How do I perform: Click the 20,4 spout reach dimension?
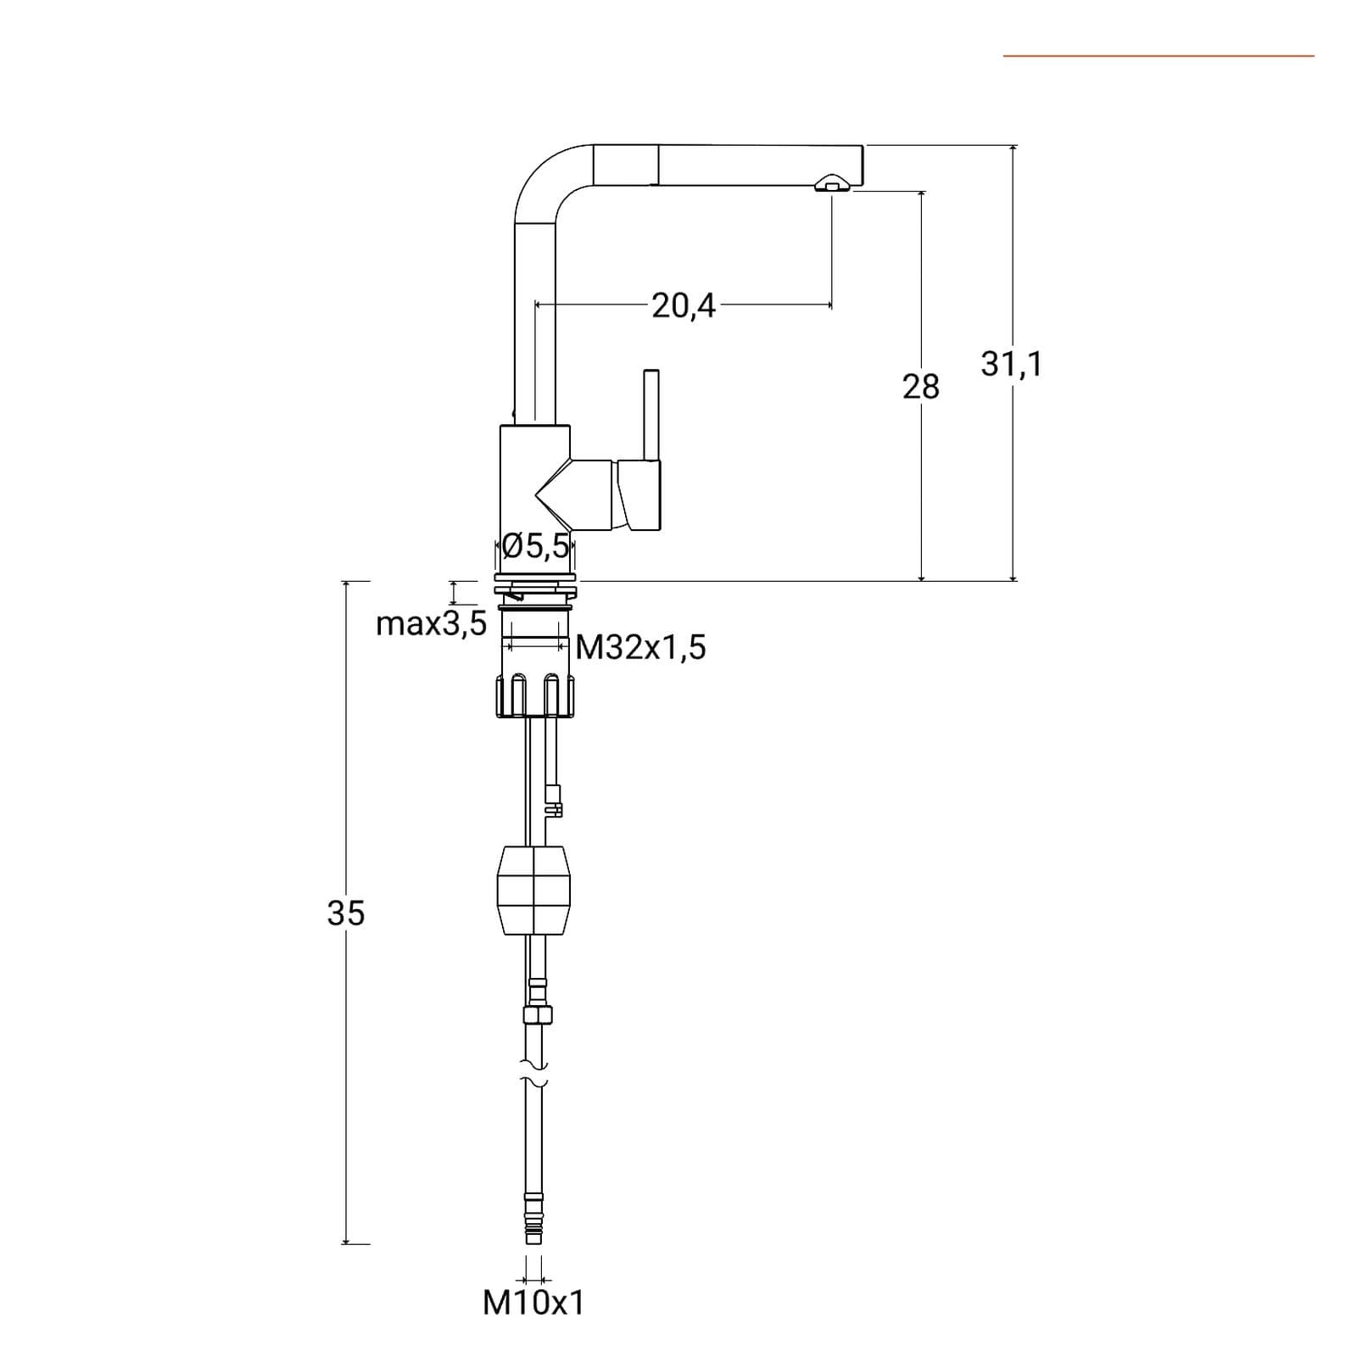pyautogui.click(x=684, y=305)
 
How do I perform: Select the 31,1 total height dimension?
pyautogui.click(x=1011, y=364)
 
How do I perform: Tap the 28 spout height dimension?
pyautogui.click(x=921, y=387)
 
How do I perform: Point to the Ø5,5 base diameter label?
pyautogui.click(x=535, y=546)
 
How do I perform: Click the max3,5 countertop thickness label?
pyautogui.click(x=432, y=624)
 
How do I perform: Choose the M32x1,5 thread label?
pyautogui.click(x=641, y=648)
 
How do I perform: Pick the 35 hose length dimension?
pyautogui.click(x=346, y=913)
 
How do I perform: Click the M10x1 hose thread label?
pyautogui.click(x=534, y=1303)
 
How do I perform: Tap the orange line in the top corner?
pyautogui.click(x=1159, y=56)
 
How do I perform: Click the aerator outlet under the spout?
pyautogui.click(x=831, y=185)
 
